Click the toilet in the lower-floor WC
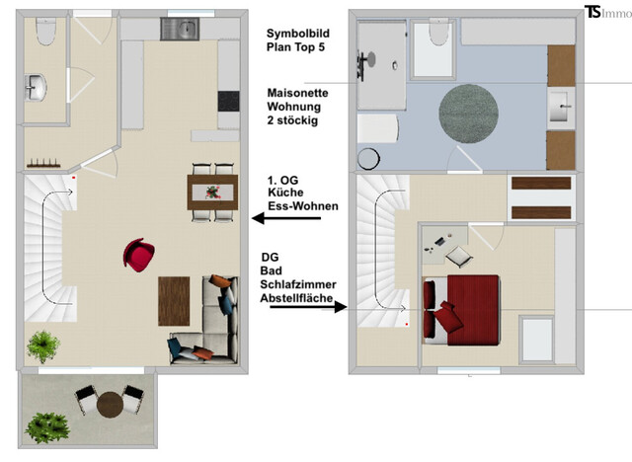click(x=44, y=33)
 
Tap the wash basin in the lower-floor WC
click(x=38, y=87)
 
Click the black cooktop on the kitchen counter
click(x=227, y=102)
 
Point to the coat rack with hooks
click(x=45, y=162)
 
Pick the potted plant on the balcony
click(x=45, y=426)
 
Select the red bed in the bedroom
click(x=466, y=306)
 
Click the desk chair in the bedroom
click(x=459, y=256)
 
